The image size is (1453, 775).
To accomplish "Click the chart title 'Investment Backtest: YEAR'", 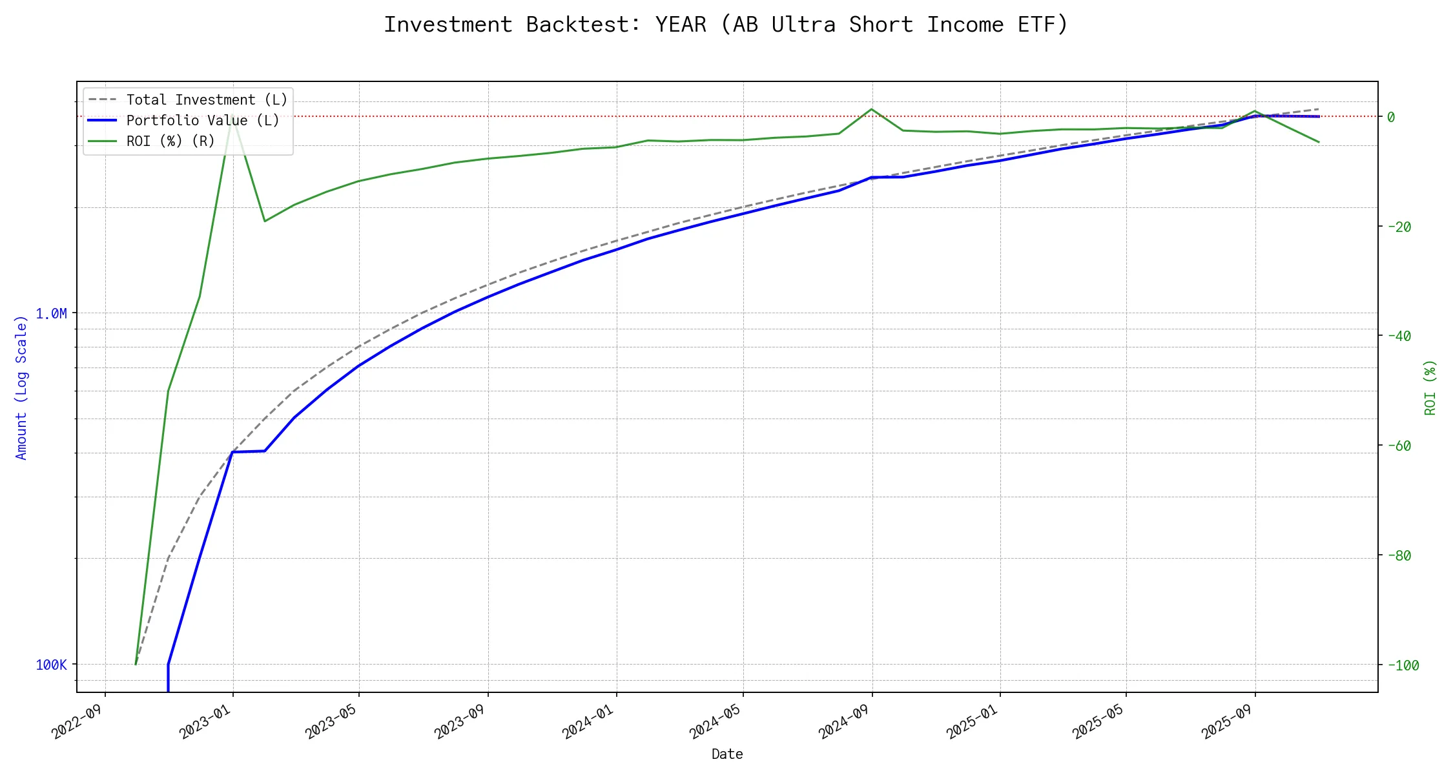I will coord(726,25).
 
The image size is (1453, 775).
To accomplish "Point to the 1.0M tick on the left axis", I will coord(51,314).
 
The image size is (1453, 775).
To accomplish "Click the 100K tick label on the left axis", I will coord(51,665).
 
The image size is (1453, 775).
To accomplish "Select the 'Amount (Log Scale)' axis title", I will coord(21,387).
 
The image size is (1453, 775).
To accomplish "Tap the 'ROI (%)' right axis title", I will coord(1430,387).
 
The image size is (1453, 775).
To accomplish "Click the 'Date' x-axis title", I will coord(727,754).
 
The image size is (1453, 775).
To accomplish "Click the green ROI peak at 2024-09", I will coord(872,109).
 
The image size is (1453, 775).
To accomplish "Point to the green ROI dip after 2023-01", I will coord(264,222).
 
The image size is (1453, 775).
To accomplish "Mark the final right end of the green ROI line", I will coord(1319,142).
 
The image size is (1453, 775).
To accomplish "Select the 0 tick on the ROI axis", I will coord(1391,117).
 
